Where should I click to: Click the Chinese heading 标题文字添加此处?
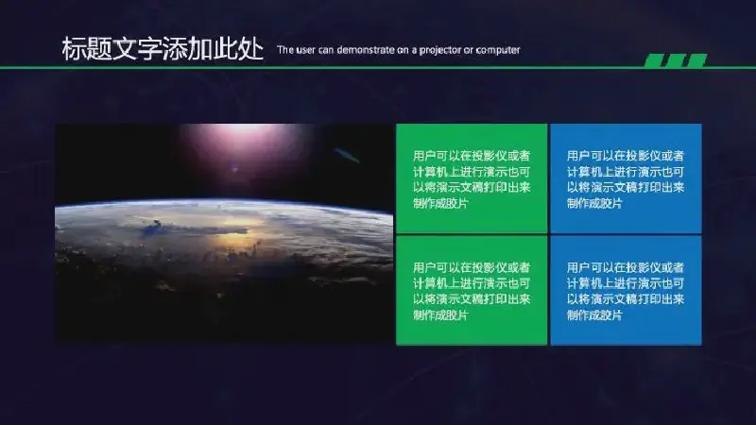tap(163, 49)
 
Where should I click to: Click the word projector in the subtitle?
tap(440, 50)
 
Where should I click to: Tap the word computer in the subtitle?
tap(498, 50)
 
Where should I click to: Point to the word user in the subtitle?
tap(305, 50)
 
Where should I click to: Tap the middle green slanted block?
tap(676, 60)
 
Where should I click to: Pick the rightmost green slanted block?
tap(696, 60)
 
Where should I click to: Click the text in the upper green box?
tap(472, 179)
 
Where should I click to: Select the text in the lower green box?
tap(472, 291)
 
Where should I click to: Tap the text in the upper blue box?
tap(626, 179)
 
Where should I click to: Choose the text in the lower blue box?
tap(626, 291)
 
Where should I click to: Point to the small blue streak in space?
tap(347, 155)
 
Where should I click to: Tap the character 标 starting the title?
tap(75, 49)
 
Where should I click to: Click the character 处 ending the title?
tap(251, 49)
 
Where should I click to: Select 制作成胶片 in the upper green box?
tap(440, 203)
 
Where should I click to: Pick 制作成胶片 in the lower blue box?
tap(594, 315)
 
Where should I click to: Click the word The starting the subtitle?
tap(285, 50)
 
